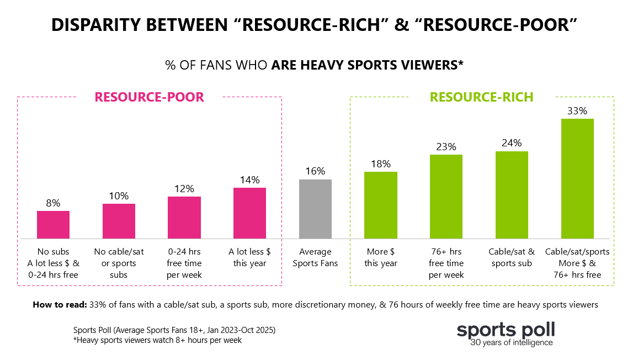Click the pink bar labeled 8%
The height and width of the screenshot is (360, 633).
pos(53,224)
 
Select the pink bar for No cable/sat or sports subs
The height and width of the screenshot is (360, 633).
pos(119,221)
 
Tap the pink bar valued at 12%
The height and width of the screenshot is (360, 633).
pos(184,217)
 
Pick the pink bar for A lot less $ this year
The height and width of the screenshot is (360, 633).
pos(249,213)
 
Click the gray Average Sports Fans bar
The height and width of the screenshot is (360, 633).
pos(315,209)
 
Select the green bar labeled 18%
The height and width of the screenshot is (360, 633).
pos(381,205)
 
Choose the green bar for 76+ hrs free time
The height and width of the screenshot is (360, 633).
pos(446,196)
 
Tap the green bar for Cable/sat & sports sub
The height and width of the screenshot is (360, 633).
pos(512,194)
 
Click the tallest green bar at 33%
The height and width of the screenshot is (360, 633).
pos(577,178)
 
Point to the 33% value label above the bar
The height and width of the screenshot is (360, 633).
pos(577,111)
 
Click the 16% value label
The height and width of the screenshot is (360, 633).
pos(315,172)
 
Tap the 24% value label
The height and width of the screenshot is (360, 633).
pos(512,144)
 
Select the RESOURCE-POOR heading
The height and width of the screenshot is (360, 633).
pos(149,97)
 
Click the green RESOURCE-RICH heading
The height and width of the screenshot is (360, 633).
pos(481,97)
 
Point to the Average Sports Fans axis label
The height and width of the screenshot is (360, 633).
pos(315,257)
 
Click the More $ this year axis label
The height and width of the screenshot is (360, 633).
pos(381,257)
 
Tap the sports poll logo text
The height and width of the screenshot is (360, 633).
pos(506,330)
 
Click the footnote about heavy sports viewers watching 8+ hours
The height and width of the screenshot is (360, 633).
pos(157,340)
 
